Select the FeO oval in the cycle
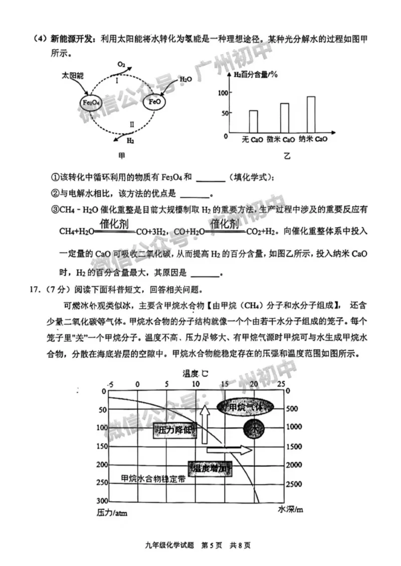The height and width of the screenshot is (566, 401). point(154,103)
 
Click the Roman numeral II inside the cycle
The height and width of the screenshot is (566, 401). point(131,124)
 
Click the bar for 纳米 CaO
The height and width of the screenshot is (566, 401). point(311,114)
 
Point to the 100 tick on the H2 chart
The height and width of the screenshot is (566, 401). point(223,93)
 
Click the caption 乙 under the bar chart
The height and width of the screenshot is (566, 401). point(287,156)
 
